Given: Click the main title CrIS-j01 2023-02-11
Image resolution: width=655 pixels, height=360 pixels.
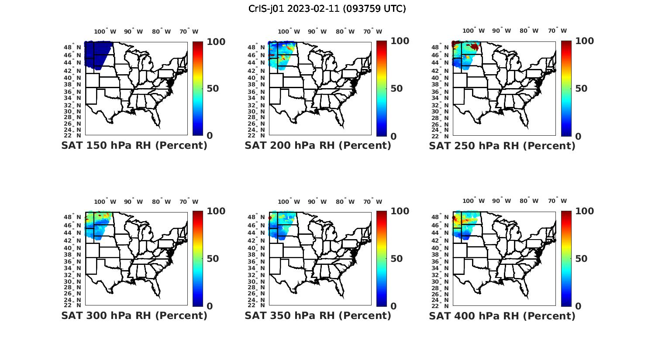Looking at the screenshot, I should tap(327, 9).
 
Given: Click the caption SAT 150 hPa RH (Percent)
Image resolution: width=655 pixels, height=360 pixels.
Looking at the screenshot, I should tap(134, 146).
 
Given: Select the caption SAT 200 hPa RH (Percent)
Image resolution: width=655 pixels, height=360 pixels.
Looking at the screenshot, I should tap(318, 146).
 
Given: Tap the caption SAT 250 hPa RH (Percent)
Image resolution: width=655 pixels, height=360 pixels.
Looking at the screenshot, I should tap(502, 146).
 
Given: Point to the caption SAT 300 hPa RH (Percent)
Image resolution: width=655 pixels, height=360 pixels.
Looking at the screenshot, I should tap(134, 315).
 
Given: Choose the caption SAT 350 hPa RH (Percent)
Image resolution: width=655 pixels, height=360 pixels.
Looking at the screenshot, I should tap(318, 315).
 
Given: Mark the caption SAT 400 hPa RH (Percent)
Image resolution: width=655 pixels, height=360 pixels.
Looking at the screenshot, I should tap(502, 315).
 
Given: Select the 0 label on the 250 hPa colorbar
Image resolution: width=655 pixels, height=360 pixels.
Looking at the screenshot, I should tap(578, 136).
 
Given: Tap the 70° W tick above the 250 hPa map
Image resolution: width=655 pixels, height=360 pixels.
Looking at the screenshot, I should tap(557, 31).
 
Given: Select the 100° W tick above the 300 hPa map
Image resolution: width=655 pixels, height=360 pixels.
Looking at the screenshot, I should tap(105, 202).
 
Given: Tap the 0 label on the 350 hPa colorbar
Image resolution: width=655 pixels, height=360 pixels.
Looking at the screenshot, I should tap(393, 306).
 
